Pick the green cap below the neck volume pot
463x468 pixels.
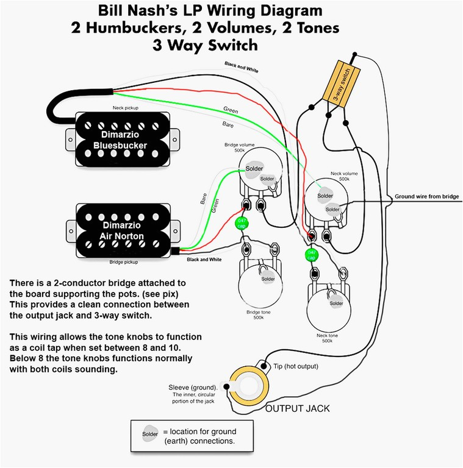311,254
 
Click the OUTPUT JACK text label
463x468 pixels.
298,408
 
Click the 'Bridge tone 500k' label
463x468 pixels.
258,315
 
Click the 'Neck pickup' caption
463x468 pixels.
126,107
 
